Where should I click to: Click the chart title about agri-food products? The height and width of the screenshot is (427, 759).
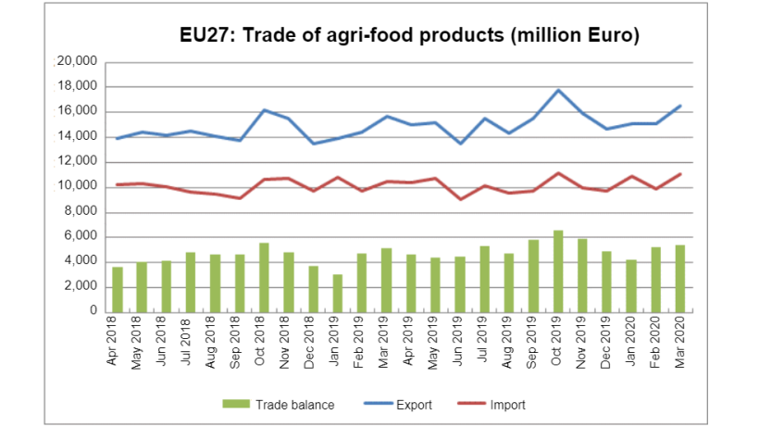(x=410, y=36)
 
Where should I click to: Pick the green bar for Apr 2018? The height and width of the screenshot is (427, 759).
(x=118, y=289)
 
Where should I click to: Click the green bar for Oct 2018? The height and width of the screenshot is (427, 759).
(x=264, y=277)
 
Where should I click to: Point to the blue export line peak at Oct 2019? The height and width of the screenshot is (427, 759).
(x=558, y=90)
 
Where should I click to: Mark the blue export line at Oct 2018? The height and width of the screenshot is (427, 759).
(x=264, y=110)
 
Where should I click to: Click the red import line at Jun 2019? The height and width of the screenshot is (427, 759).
(x=460, y=199)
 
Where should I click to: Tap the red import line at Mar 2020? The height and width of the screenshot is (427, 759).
(x=680, y=173)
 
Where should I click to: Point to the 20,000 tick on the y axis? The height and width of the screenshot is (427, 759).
(x=77, y=62)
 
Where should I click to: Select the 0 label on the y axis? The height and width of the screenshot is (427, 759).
(x=93, y=312)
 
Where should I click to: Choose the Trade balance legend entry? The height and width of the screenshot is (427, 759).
(x=278, y=405)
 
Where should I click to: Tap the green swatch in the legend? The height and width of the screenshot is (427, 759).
(x=236, y=405)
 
